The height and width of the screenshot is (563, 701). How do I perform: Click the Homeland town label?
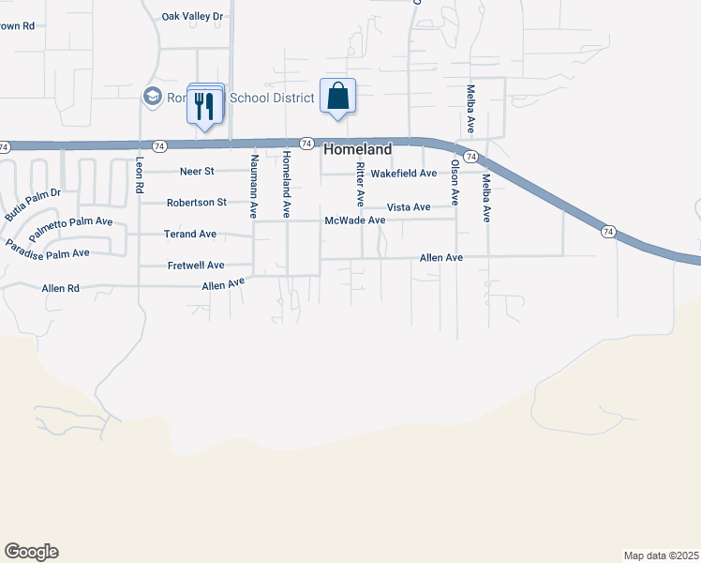tap(357, 149)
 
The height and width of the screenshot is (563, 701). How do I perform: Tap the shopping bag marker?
tap(337, 97)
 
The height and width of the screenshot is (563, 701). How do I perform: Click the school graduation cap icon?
tap(151, 96)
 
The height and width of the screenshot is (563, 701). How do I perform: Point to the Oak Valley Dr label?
tap(193, 17)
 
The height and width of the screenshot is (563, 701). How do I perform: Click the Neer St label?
tap(197, 172)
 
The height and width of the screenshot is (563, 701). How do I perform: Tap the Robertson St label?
tap(197, 203)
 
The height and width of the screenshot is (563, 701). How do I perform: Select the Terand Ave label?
tap(190, 234)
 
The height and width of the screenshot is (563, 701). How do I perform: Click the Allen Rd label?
tap(60, 288)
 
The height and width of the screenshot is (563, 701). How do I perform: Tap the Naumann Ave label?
tap(253, 188)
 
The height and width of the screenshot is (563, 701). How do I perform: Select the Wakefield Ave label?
tap(404, 174)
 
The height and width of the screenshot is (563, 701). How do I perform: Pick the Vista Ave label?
tap(409, 206)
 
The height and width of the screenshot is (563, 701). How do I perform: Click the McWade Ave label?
tap(355, 221)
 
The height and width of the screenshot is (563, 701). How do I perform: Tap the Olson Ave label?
tap(455, 182)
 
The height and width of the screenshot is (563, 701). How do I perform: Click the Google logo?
tap(31, 552)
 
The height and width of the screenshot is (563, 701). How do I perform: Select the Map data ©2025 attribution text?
tap(661, 555)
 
